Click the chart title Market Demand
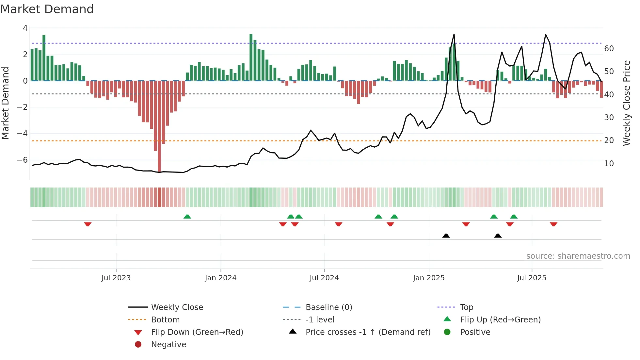click(47, 9)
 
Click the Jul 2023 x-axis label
click(116, 278)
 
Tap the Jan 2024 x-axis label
click(220, 278)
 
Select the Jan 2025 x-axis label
click(428, 278)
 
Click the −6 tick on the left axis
click(22, 160)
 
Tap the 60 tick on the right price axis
click(609, 49)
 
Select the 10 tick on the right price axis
click(609, 164)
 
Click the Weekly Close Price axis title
click(626, 103)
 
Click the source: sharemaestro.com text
click(578, 256)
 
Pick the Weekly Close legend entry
click(177, 307)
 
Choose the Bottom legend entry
click(165, 320)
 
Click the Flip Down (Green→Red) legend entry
click(197, 332)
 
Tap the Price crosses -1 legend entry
click(368, 332)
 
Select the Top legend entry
click(467, 307)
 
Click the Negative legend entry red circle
click(138, 345)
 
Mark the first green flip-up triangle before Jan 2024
click(187, 217)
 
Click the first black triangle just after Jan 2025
click(446, 236)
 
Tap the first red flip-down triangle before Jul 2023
click(88, 224)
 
